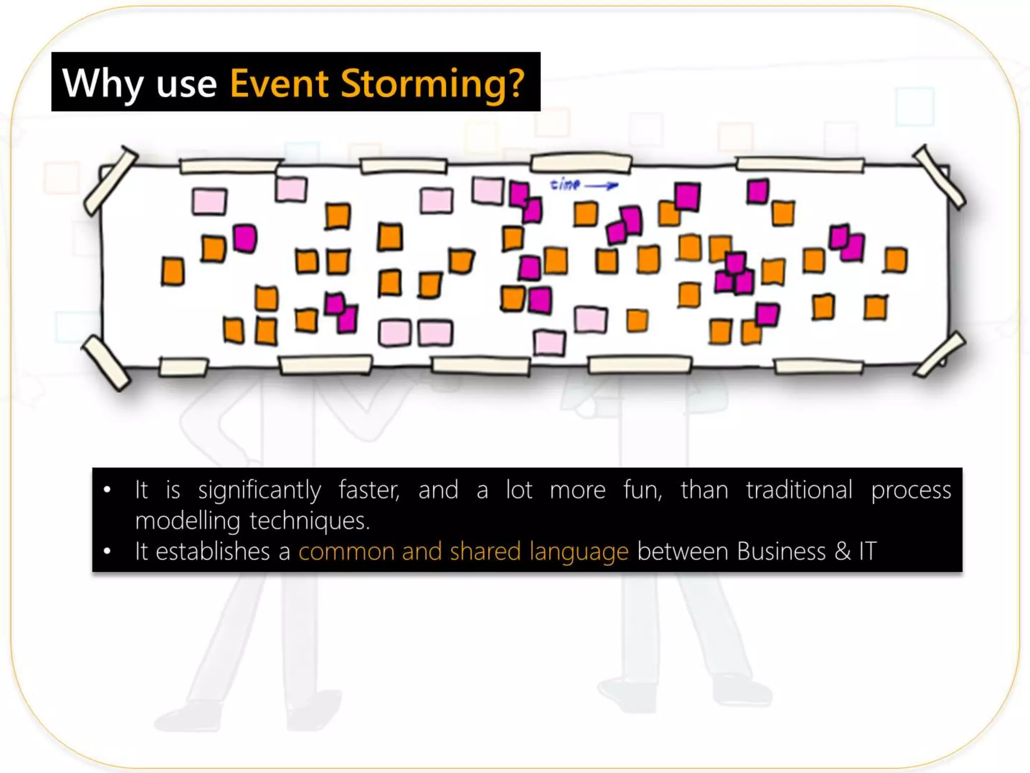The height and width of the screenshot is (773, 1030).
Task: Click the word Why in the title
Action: [103, 83]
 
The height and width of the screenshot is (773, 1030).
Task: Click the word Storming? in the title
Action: [433, 83]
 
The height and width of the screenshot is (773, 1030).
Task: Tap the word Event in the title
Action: [279, 83]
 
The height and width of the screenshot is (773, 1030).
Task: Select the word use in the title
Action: [186, 84]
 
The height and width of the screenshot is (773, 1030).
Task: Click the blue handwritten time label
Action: [565, 184]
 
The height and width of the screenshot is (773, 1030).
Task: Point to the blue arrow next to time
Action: [602, 186]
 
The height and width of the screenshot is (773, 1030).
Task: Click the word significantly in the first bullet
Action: [259, 491]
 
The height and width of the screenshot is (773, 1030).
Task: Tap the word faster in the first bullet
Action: [369, 490]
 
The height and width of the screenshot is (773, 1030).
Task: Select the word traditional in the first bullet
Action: [799, 490]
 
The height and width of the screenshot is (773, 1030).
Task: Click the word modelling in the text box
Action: [187, 521]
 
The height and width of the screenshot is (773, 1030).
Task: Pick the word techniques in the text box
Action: [309, 520]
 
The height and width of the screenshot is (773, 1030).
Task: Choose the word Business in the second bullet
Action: [781, 551]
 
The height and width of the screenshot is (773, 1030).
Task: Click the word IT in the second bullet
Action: [868, 551]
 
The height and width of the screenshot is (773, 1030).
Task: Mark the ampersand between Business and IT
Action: [842, 551]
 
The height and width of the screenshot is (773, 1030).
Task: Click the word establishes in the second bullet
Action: [212, 551]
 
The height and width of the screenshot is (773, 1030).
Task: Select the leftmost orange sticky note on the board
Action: [173, 272]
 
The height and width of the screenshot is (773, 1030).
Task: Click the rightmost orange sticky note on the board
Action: [896, 260]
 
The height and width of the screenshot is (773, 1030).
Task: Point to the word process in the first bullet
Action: [911, 491]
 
